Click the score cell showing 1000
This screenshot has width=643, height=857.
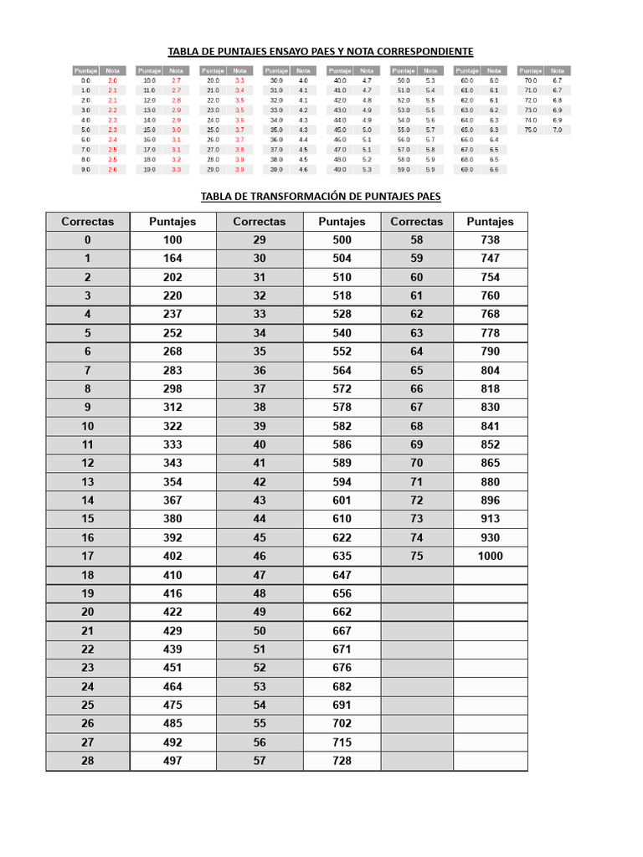coord(490,557)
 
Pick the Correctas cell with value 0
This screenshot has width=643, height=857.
coord(87,240)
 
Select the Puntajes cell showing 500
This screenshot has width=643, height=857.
coord(342,240)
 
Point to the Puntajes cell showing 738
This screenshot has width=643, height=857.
coord(490,240)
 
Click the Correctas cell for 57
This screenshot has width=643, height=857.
coord(259,761)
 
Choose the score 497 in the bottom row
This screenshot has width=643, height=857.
coord(172,761)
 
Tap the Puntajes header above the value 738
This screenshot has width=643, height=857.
coord(490,222)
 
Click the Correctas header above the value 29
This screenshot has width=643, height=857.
coord(259,222)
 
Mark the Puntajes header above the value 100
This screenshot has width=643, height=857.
coord(172,222)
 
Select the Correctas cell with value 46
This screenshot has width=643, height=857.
coord(259,557)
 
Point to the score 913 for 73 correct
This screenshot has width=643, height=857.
coord(490,519)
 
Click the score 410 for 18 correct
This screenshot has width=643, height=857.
coord(172,575)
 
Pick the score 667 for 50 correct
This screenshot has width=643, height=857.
coord(342,631)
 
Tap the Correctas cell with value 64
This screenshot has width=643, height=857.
coord(416,352)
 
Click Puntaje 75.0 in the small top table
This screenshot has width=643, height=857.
coord(530,130)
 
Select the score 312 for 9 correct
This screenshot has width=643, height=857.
coord(172,408)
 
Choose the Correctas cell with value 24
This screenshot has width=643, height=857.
coord(87,686)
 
